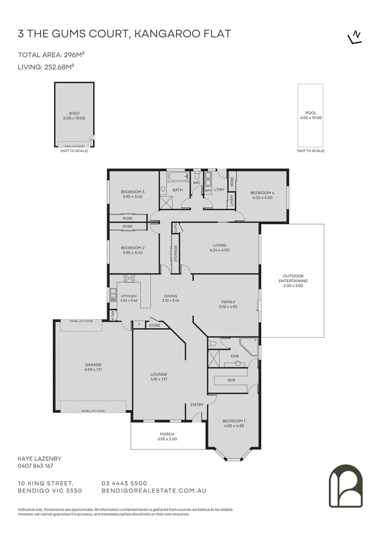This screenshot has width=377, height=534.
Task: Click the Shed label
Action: click(x=74, y=116)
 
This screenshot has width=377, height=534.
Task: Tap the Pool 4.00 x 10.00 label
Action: click(x=310, y=116)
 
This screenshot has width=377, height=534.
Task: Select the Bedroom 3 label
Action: click(x=132, y=194)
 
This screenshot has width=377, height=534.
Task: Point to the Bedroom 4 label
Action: click(x=262, y=195)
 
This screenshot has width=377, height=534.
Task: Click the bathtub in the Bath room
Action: click(x=177, y=177)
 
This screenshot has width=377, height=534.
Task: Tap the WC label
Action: click(x=196, y=183)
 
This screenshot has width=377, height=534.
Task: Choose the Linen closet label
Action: click(x=231, y=200)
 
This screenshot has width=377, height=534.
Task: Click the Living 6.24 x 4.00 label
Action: click(x=220, y=247)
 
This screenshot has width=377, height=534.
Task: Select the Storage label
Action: click(x=175, y=253)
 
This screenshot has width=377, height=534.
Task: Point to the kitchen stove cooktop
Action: click(x=129, y=278)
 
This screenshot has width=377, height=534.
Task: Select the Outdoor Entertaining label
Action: click(x=293, y=280)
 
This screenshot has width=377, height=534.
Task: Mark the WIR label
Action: click(x=231, y=380)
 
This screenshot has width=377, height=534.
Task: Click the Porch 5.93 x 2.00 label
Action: click(x=167, y=436)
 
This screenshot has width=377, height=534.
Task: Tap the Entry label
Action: click(x=197, y=405)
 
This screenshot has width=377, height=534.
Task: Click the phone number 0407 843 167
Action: click(x=35, y=466)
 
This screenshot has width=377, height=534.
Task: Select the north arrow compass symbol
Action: click(x=354, y=38)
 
